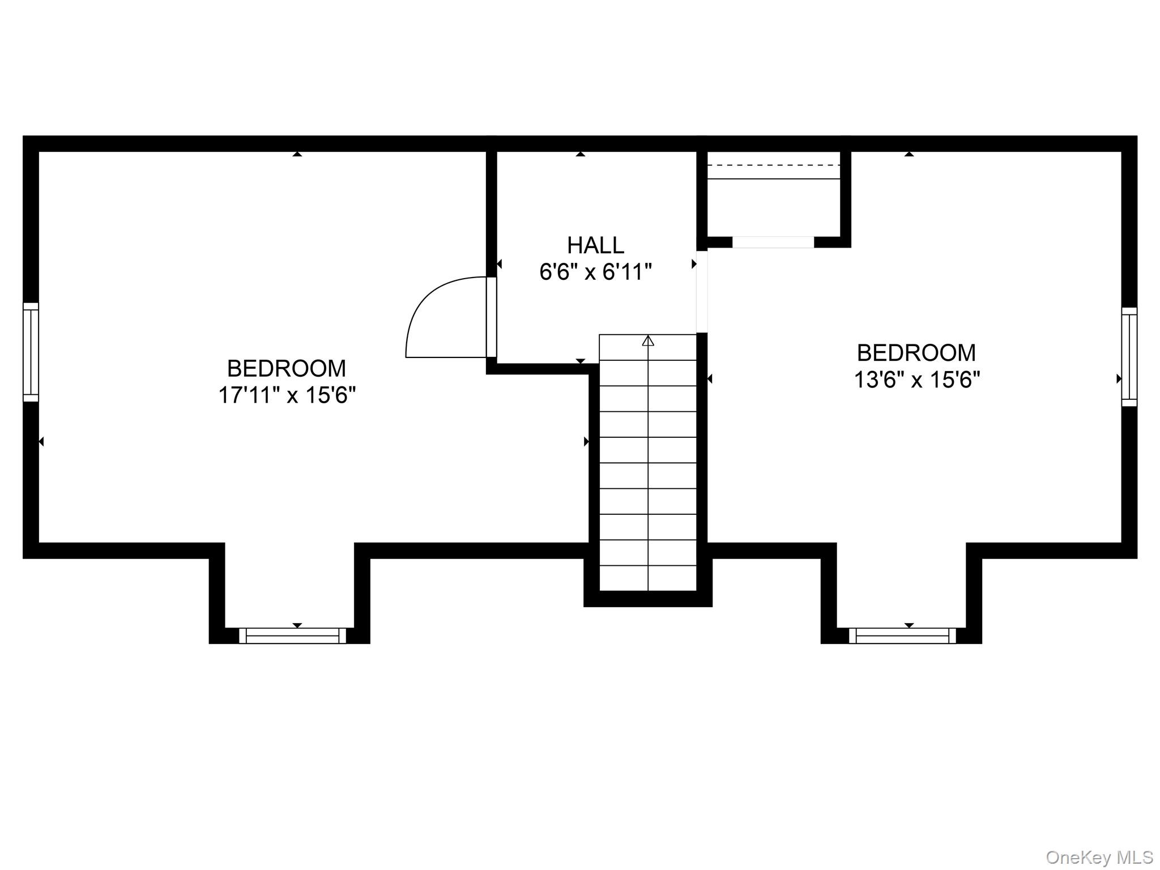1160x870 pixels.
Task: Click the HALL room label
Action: (595, 245)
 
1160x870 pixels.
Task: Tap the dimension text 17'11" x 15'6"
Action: (287, 395)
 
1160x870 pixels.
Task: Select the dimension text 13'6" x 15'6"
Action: (917, 379)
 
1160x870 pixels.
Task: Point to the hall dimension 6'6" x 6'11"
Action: (595, 272)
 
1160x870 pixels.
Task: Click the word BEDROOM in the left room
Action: (287, 369)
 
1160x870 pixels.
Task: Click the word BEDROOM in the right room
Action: (916, 353)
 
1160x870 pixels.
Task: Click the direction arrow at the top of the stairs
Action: (648, 340)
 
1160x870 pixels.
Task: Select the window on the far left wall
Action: (31, 352)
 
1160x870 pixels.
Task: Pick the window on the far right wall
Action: (1129, 357)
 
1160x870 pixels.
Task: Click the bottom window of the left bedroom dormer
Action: (292, 636)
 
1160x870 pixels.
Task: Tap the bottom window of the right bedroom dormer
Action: (902, 636)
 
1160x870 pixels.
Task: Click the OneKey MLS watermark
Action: (1099, 857)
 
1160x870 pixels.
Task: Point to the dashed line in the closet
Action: (774, 165)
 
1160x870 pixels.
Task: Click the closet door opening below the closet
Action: (773, 242)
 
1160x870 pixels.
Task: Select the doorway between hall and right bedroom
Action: (702, 292)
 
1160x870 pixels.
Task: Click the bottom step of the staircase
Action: (648, 578)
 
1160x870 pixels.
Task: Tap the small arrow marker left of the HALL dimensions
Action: (499, 264)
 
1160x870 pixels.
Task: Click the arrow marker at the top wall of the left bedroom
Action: (297, 153)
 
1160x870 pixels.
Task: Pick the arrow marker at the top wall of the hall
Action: (581, 153)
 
